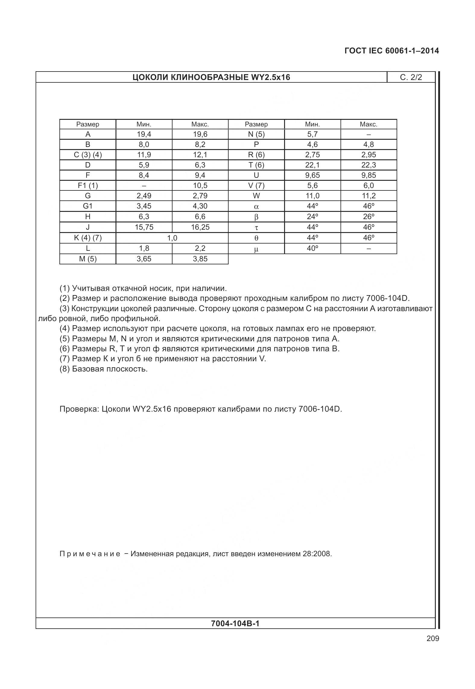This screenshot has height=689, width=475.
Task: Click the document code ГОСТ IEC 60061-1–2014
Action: (x=391, y=51)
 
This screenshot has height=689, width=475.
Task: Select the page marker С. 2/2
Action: (x=411, y=78)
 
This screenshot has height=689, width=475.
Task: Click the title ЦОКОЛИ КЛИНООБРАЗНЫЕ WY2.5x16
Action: (x=211, y=78)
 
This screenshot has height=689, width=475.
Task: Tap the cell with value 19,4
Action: (x=144, y=134)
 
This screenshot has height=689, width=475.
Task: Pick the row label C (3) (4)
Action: (x=88, y=155)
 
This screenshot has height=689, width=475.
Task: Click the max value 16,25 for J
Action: (x=200, y=227)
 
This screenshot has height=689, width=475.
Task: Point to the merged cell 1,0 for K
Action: (x=172, y=238)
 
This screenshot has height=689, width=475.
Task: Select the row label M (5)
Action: (x=88, y=259)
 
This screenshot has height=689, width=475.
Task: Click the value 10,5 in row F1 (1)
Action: (x=200, y=186)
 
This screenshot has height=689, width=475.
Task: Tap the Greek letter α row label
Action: (x=256, y=207)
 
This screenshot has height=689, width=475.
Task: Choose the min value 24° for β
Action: (x=312, y=217)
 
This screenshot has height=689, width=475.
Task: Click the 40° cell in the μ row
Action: (x=312, y=248)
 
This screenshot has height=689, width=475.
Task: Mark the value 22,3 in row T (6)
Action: (x=369, y=165)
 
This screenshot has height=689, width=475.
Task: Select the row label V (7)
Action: (x=256, y=186)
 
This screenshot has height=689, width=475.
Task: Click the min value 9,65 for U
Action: (x=312, y=175)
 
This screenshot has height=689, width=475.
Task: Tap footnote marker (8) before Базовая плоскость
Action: (x=65, y=369)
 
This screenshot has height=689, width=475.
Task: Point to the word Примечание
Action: (x=90, y=554)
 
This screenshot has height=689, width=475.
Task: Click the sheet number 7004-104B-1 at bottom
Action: (x=235, y=624)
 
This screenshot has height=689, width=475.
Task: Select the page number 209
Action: (x=433, y=639)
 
